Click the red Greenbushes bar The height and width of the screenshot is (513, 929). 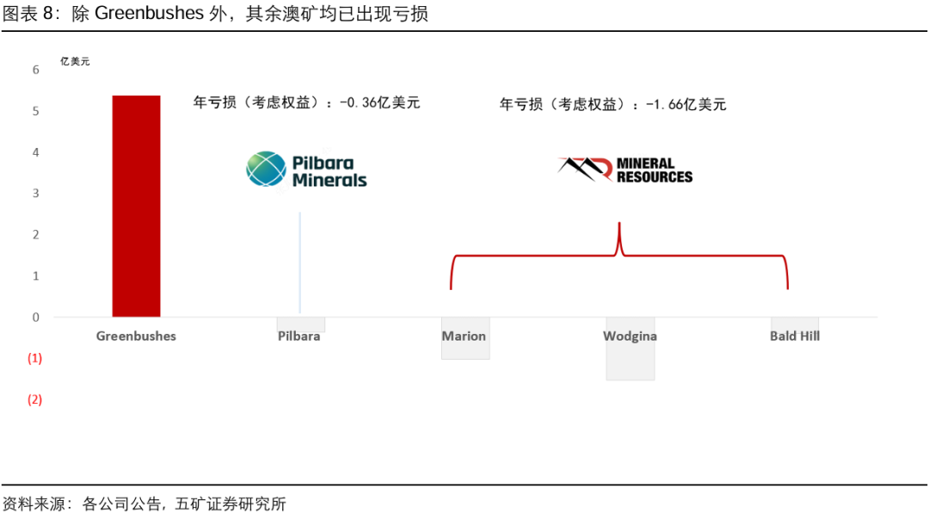[x=136, y=207]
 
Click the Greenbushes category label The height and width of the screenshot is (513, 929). [x=136, y=336]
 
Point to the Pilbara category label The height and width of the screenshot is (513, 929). [x=299, y=336]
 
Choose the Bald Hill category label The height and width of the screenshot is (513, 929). [x=795, y=336]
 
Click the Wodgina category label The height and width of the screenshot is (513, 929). [x=630, y=336]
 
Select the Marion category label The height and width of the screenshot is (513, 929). [x=464, y=336]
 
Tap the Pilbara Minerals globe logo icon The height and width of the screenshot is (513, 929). [x=266, y=170]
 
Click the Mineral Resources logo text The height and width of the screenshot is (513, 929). [x=654, y=170]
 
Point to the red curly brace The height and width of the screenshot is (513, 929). [x=619, y=255]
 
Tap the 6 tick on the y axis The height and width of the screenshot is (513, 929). [x=36, y=70]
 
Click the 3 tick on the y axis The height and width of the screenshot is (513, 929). [x=36, y=193]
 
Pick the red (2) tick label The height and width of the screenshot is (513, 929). [x=35, y=399]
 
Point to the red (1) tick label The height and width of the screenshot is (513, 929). [x=35, y=358]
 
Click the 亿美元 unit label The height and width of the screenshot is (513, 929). [x=75, y=61]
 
